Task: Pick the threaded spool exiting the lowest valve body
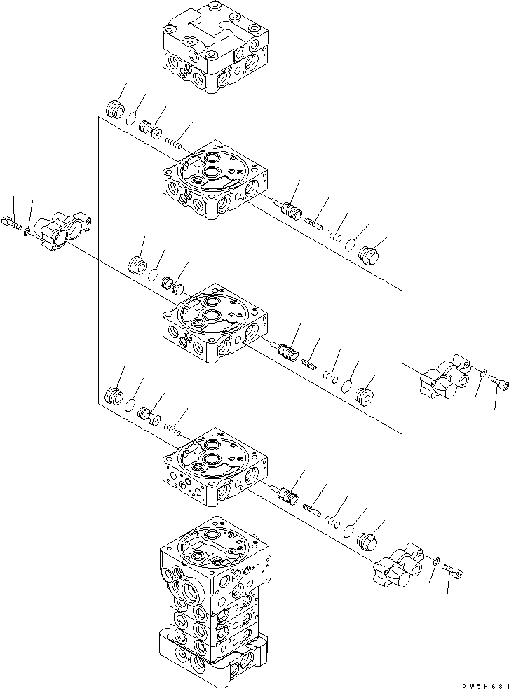pos(287,499)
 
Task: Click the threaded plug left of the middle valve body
pos(137,266)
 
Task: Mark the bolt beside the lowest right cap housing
pos(454,573)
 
